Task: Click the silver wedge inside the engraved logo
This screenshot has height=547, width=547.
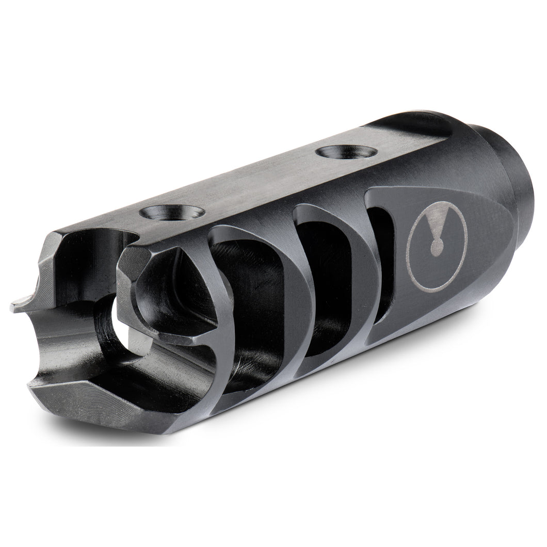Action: pos(436,226)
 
